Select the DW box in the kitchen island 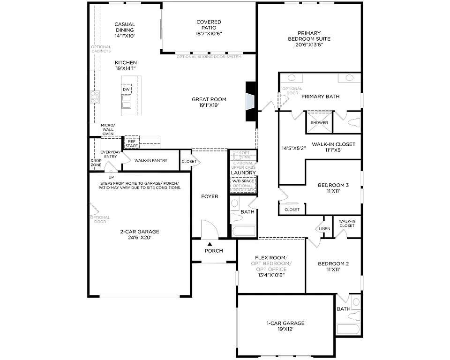point(126,89)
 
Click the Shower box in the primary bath point(319,123)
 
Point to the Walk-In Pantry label point(151,160)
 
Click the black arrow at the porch point(210,244)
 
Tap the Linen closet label point(325,229)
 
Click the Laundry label point(243,173)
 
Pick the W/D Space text point(243,181)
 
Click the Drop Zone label point(96,163)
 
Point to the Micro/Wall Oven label point(108,129)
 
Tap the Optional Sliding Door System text point(209,57)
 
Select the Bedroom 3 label point(333,185)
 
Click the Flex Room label point(272,258)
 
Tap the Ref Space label point(132,143)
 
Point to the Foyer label point(210,196)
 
